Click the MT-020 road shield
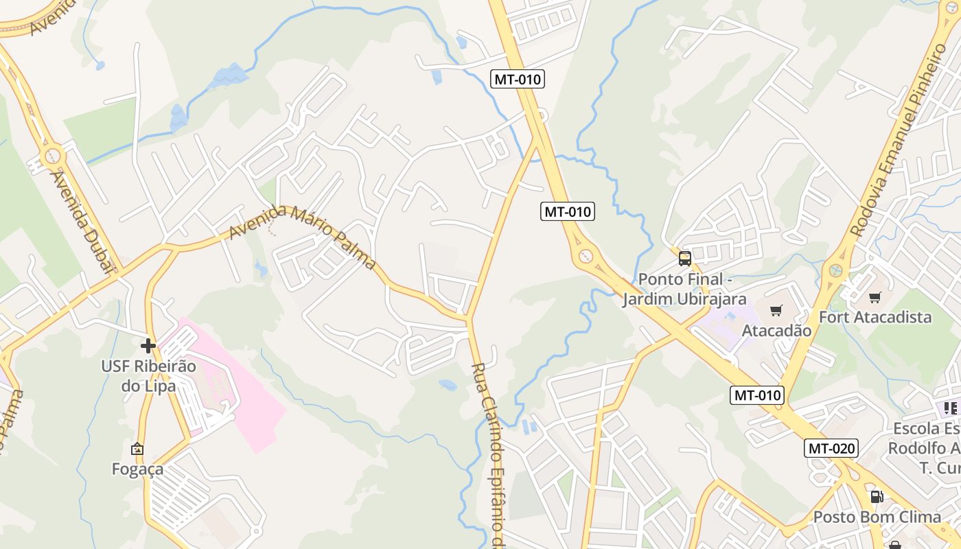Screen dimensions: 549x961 tap(831, 449)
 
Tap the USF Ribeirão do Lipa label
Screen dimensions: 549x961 tap(148, 375)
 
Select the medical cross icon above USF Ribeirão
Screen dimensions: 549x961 tap(148, 345)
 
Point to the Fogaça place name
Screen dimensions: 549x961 tap(137, 469)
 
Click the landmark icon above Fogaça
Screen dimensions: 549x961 tap(137, 449)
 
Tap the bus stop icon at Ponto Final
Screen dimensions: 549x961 tap(684, 259)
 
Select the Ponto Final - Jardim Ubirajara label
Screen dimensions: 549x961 tap(684, 290)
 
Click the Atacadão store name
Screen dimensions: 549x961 tap(776, 331)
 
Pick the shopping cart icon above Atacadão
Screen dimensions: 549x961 tap(776, 311)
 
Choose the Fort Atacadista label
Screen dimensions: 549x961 tap(875, 317)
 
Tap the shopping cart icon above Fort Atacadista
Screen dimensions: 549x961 tap(875, 297)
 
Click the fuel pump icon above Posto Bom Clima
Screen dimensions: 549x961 tap(877, 496)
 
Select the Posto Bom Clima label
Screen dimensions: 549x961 tap(877, 517)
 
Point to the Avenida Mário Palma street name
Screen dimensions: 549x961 tap(303, 236)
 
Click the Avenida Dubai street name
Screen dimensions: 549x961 tap(82, 221)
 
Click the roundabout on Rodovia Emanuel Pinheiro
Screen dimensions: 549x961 tap(835, 270)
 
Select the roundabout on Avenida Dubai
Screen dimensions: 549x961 tap(53, 156)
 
